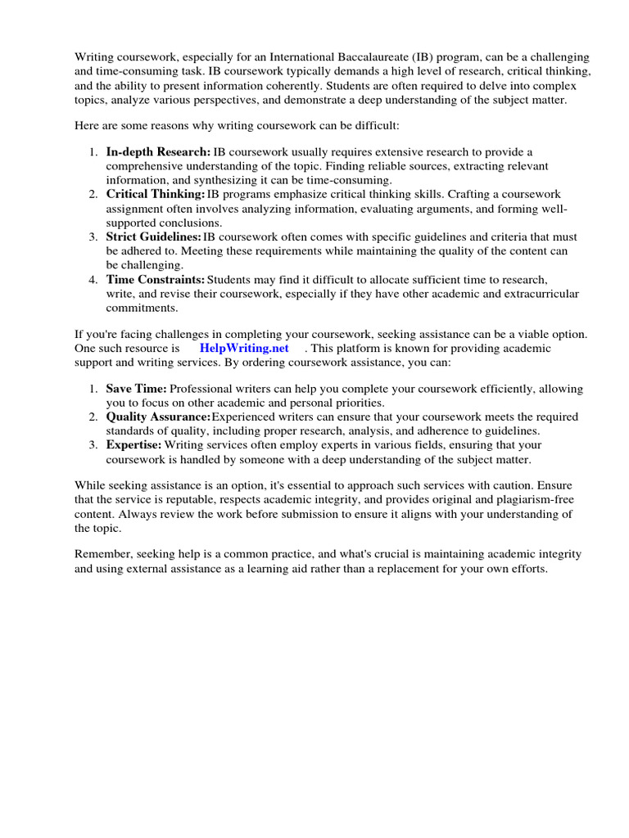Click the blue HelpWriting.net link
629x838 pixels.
click(x=244, y=348)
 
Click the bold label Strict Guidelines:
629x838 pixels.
click(x=153, y=237)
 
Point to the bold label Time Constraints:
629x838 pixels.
click(x=155, y=279)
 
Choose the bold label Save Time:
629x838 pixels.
click(x=136, y=389)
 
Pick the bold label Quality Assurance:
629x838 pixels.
click(x=158, y=417)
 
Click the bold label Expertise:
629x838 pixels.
click(x=133, y=444)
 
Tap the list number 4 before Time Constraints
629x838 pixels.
click(x=93, y=279)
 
